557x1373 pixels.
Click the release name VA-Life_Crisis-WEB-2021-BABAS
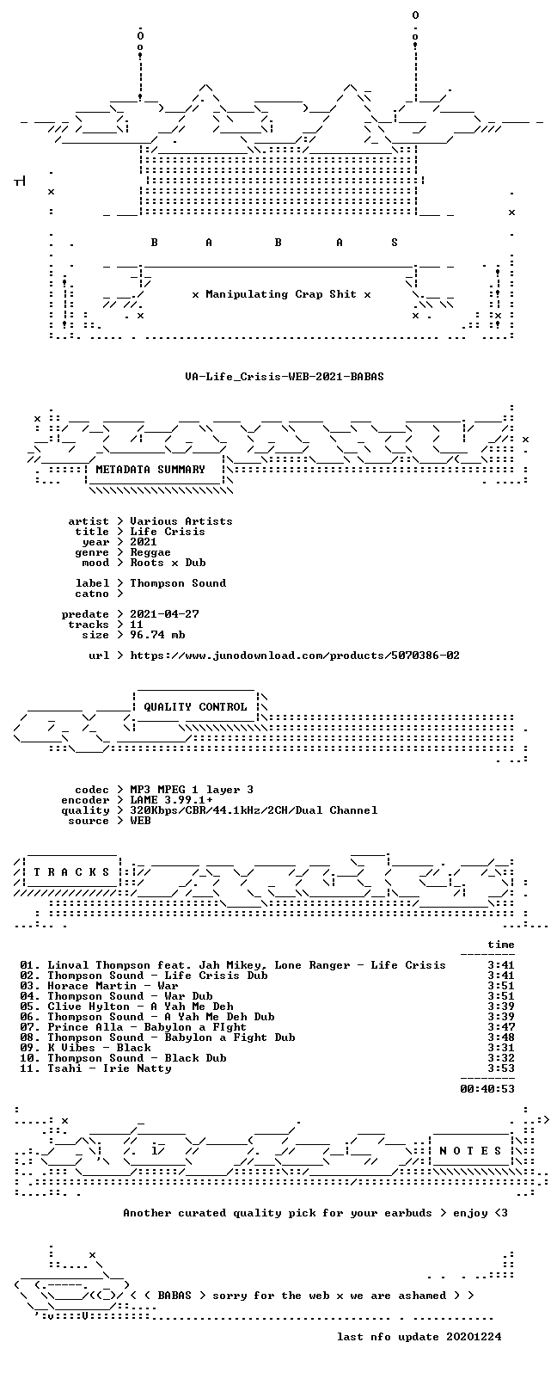pos(285,376)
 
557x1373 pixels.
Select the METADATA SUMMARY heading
pos(150,470)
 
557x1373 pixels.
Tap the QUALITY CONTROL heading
pos(195,707)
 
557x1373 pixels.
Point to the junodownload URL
pos(295,656)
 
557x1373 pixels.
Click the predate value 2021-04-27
pos(164,614)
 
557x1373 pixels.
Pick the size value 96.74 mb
pos(157,634)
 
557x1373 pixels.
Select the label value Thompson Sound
pos(178,583)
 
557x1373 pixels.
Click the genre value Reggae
pos(150,552)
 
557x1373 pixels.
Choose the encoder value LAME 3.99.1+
pos(171,800)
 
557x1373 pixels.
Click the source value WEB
pos(140,821)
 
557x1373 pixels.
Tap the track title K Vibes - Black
pos(99,1048)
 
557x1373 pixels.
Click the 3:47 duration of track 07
pos(500,1026)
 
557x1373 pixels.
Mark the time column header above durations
pos(500,945)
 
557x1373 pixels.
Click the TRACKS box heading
pos(71,872)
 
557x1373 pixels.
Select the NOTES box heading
pos(470,1150)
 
